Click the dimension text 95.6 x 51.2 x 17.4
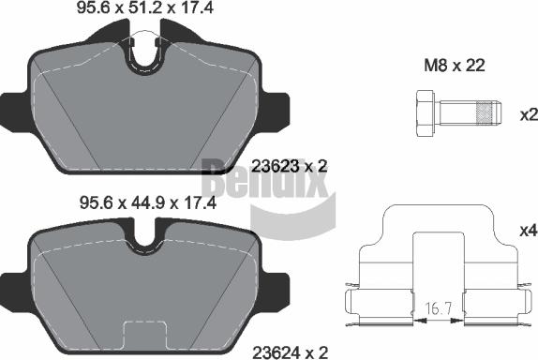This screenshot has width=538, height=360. tap(145, 7)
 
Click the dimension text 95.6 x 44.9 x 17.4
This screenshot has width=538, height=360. tap(148, 202)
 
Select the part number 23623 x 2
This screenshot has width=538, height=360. tap(290, 167)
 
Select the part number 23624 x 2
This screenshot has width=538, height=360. tap(291, 352)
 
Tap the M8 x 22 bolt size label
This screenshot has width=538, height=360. tap(455, 66)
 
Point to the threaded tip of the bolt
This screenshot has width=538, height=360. tap(488, 112)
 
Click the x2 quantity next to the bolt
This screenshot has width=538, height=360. tap(529, 115)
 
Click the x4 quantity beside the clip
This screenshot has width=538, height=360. tap(529, 231)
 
